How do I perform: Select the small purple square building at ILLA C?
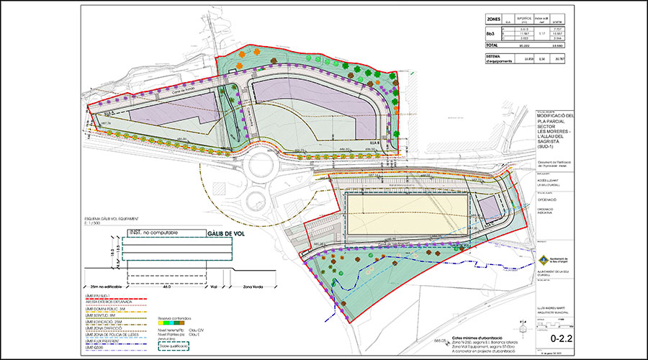coord(489,210)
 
